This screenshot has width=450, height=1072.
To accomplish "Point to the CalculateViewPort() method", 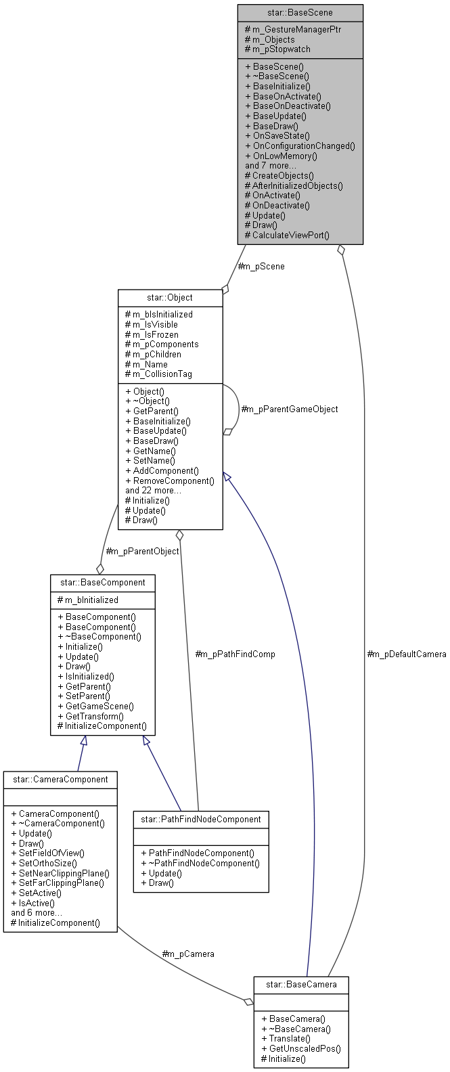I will (x=287, y=235).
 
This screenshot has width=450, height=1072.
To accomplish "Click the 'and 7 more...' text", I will (x=270, y=165).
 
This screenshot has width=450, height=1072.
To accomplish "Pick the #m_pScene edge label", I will (x=261, y=266).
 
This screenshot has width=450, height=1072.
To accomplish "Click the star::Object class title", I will (x=170, y=297).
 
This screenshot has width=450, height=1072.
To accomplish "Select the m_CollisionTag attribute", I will (x=162, y=374).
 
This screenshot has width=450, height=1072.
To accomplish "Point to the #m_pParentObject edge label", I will (x=142, y=551).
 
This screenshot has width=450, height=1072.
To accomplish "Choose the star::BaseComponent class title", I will (x=102, y=582).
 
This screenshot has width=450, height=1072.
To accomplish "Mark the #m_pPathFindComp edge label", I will (x=235, y=654).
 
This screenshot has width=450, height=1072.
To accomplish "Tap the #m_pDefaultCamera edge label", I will (x=406, y=654).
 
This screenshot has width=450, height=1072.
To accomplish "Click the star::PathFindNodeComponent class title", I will (x=200, y=819).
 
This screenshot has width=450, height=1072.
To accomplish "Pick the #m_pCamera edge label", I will (x=188, y=954).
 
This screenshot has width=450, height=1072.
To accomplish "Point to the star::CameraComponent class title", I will (x=60, y=779).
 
